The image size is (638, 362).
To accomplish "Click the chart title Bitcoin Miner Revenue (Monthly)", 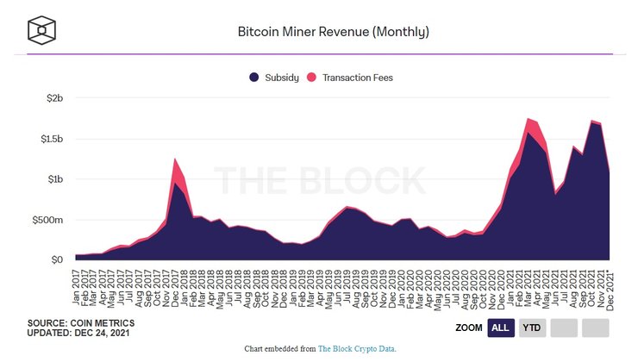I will tap(333, 32).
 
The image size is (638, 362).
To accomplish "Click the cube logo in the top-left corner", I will tap(41, 30).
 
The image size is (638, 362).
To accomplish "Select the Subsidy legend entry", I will tap(275, 78).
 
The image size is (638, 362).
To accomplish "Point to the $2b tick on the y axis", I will tap(55, 98).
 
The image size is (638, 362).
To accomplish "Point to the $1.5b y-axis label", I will tap(52, 139).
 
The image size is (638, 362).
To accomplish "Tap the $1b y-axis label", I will tap(55, 179).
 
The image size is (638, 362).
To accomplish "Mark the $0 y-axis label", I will tap(58, 259).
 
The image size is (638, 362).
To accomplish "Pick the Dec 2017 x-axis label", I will tap(176, 287).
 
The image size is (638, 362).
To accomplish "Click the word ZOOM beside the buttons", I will tap(468, 328).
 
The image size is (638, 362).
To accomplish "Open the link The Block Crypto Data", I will tap(357, 348).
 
